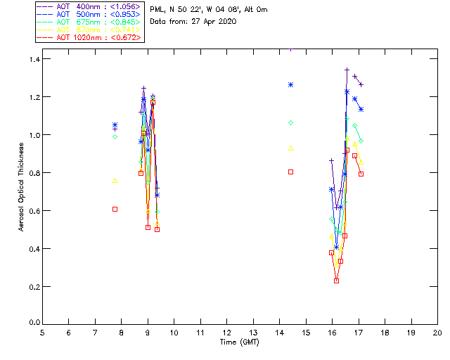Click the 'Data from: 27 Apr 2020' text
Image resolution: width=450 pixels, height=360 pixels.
tap(193, 22)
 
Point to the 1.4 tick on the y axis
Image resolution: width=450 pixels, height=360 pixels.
tap(31, 59)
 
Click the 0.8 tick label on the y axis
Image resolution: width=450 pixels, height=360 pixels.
tap(31, 173)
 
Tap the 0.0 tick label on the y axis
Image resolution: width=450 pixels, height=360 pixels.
tap(31, 324)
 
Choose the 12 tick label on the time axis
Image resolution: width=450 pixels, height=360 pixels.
tap(226, 333)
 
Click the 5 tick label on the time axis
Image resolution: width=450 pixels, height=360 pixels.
tap(42, 333)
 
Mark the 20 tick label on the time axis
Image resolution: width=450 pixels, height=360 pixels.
tap(437, 333)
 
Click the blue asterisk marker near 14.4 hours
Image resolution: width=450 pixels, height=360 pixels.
tap(290, 84)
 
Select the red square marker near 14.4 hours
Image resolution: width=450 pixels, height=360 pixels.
tap(290, 172)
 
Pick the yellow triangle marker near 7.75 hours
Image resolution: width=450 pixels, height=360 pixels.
tap(115, 180)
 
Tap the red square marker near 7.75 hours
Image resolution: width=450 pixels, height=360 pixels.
tap(115, 209)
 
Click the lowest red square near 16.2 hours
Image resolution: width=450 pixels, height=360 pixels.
tap(336, 281)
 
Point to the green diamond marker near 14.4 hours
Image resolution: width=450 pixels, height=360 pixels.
tap(290, 122)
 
